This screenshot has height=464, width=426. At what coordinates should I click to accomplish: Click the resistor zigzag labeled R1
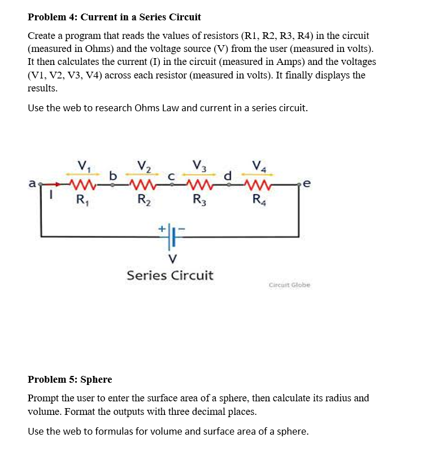(82, 185)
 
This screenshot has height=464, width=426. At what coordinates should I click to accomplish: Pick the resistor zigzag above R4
(259, 185)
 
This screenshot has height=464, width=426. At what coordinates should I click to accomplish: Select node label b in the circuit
(112, 176)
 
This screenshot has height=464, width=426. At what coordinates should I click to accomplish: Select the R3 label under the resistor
(199, 199)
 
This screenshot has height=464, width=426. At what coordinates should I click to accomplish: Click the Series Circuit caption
(170, 275)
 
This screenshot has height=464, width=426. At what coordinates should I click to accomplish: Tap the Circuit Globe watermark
(290, 285)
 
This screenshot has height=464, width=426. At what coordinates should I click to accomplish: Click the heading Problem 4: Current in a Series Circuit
(115, 17)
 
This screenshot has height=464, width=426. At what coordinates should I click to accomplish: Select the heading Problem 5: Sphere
(70, 379)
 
